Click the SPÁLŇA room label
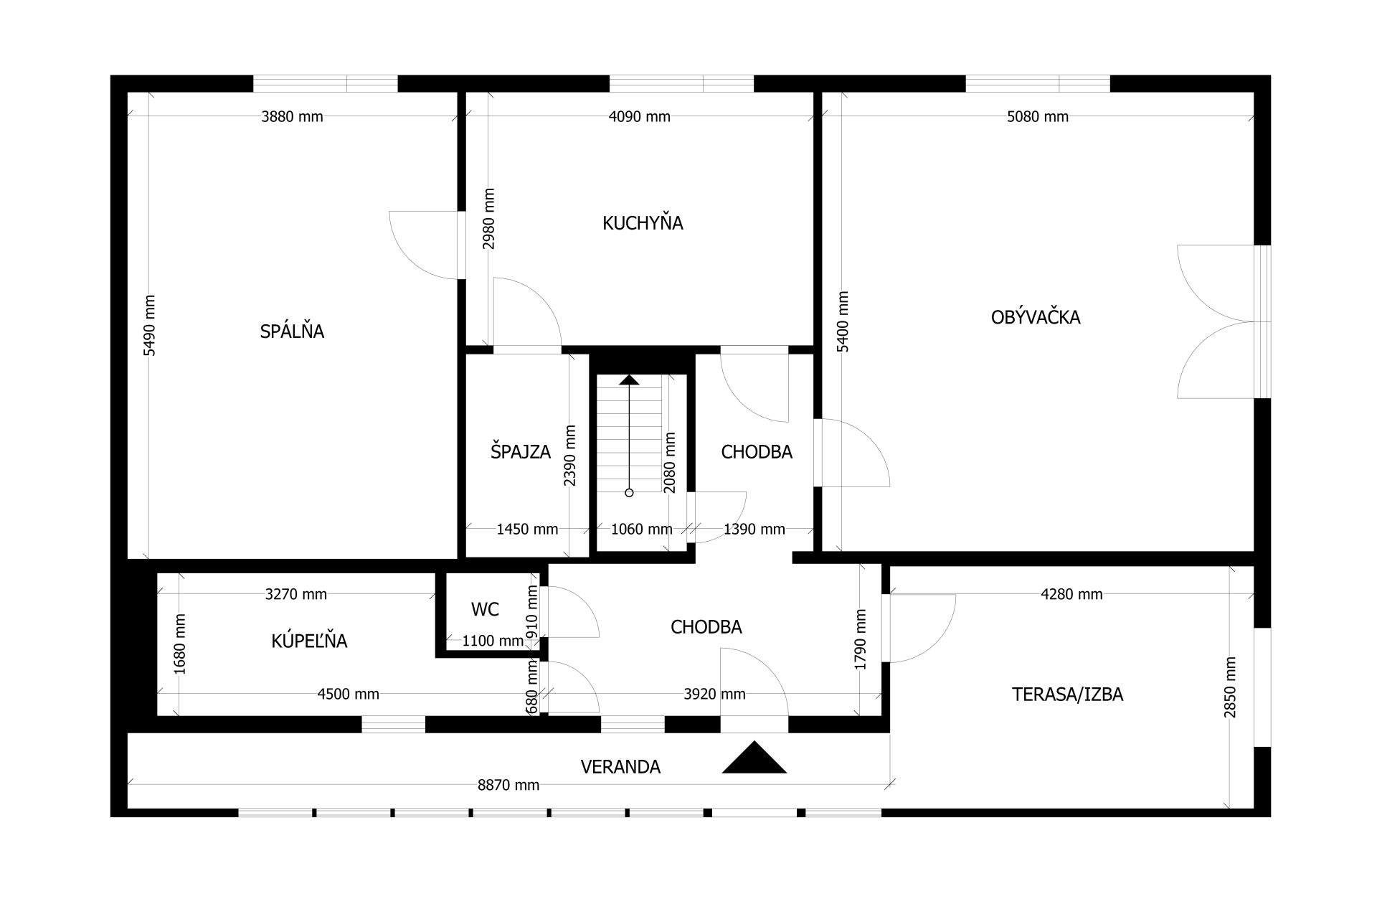[292, 331]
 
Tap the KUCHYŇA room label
[643, 222]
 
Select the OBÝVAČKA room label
[1036, 316]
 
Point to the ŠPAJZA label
[521, 451]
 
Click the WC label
[485, 609]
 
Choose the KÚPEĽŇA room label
[309, 640]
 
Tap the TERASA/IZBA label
[1067, 694]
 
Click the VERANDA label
[620, 767]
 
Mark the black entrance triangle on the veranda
[754, 758]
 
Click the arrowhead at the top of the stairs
[629, 380]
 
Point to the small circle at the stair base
[629, 493]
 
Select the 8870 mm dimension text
[508, 785]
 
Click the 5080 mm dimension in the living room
[1038, 116]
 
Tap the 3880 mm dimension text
[292, 116]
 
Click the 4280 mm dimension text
[1071, 594]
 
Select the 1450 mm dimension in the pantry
[527, 529]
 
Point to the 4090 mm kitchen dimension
[639, 116]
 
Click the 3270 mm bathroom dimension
[295, 594]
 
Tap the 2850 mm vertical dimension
[1231, 687]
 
